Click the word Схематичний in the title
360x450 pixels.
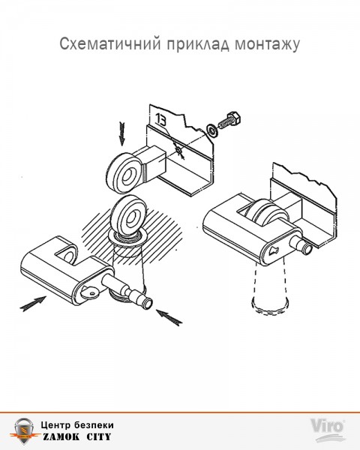(x=109, y=44)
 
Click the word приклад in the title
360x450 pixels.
(x=198, y=44)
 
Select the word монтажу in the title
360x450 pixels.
(x=268, y=45)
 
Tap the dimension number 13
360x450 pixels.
(x=161, y=120)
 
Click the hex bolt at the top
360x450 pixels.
(x=229, y=121)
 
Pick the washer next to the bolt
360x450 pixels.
(x=212, y=130)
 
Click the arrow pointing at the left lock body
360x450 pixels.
(x=33, y=304)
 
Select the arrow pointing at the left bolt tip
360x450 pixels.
(x=169, y=317)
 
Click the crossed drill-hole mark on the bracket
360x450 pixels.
(x=178, y=151)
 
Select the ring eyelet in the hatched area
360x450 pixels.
(x=129, y=216)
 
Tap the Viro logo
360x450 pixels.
(x=328, y=430)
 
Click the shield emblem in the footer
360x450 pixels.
(x=24, y=431)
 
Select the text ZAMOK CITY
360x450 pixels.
(x=77, y=437)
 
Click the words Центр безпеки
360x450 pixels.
(x=77, y=424)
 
